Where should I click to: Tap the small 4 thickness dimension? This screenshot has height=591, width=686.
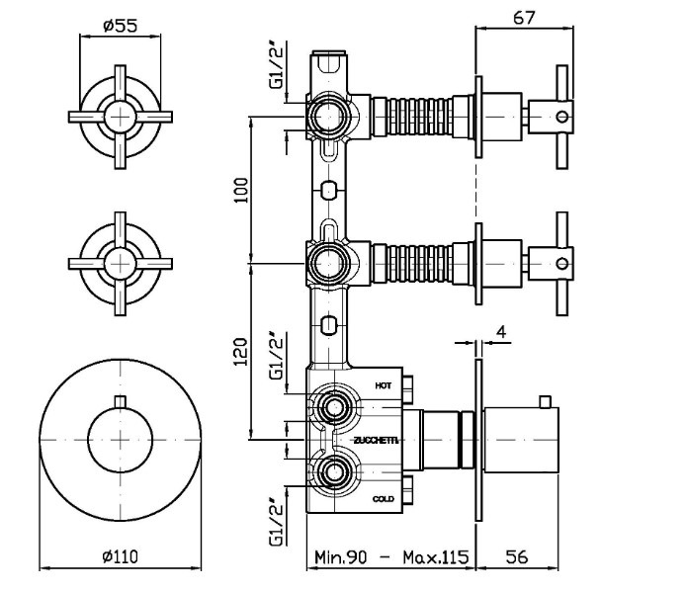(x=501, y=332)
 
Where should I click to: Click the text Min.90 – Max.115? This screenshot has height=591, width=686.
(x=390, y=556)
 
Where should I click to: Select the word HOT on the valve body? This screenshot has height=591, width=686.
(x=385, y=383)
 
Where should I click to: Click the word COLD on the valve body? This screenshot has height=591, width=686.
(x=384, y=499)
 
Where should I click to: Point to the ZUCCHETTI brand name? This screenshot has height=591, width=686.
(x=376, y=440)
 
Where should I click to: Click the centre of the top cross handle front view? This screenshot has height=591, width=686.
(x=120, y=117)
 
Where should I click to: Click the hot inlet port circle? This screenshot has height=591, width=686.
(x=333, y=407)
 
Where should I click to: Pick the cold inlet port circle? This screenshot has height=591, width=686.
(x=333, y=470)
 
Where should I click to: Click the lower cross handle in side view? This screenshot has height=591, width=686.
(x=560, y=262)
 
